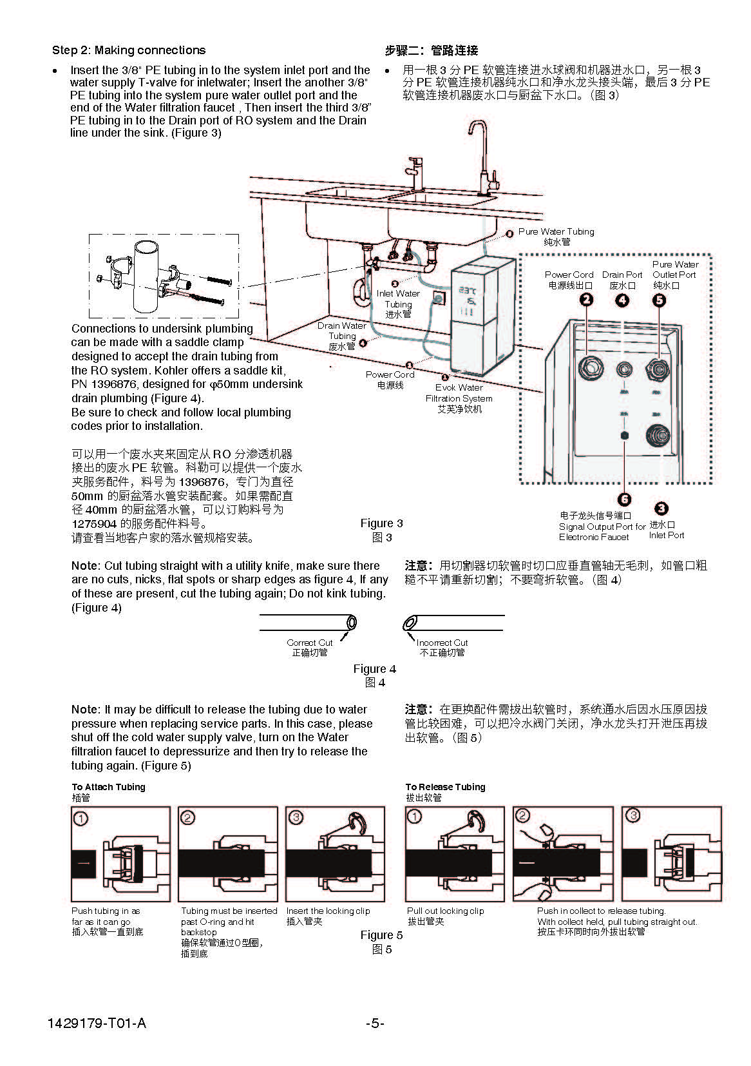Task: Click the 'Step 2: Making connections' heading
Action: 129,50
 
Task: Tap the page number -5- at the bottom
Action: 375,1023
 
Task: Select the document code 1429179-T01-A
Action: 97,1023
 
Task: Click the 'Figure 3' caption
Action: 381,523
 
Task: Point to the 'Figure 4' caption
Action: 374,669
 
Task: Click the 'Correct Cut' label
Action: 310,643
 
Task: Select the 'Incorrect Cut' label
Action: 442,643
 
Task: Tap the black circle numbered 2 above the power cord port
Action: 586,300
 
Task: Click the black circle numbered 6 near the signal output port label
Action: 624,499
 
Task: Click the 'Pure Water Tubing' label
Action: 556,231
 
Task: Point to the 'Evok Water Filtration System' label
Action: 459,393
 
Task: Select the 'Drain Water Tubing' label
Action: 341,331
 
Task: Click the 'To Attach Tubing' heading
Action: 108,787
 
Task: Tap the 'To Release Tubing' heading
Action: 445,787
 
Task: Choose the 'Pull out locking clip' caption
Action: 445,911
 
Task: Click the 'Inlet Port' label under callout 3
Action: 667,535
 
